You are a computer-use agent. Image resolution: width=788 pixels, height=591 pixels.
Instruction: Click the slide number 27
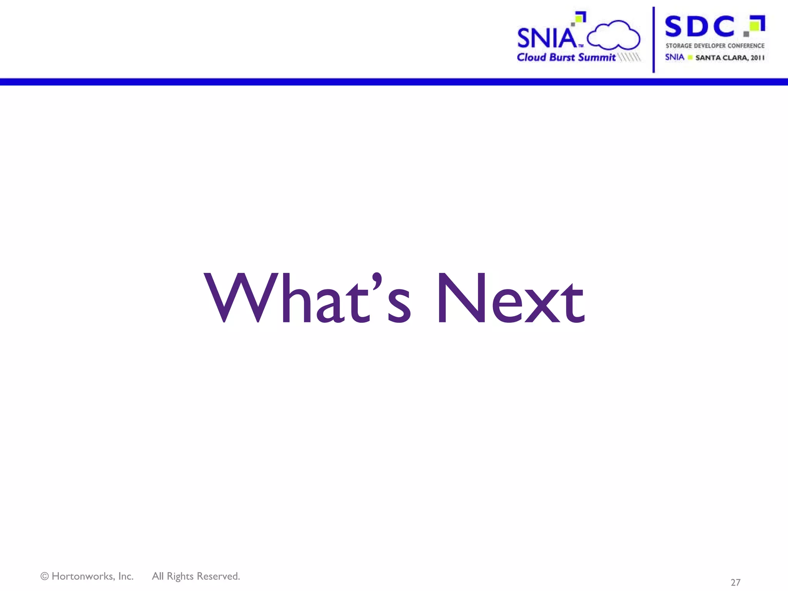pyautogui.click(x=735, y=582)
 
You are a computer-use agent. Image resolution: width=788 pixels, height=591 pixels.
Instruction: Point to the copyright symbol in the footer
pyautogui.click(x=45, y=576)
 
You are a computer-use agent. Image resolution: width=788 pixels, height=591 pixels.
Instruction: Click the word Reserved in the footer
pyautogui.click(x=218, y=576)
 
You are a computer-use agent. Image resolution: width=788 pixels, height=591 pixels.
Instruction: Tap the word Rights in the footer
pyautogui.click(x=180, y=576)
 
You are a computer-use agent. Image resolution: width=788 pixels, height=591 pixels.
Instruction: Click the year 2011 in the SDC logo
pyautogui.click(x=757, y=58)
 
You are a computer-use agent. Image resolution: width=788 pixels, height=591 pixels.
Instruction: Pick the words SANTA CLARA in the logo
pyautogui.click(x=721, y=58)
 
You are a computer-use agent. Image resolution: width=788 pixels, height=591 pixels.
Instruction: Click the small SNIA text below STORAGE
pyautogui.click(x=674, y=57)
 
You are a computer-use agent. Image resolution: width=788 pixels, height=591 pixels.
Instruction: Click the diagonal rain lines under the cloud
pyautogui.click(x=629, y=57)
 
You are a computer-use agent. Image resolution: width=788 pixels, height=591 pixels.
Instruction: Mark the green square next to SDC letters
pyautogui.click(x=755, y=25)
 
